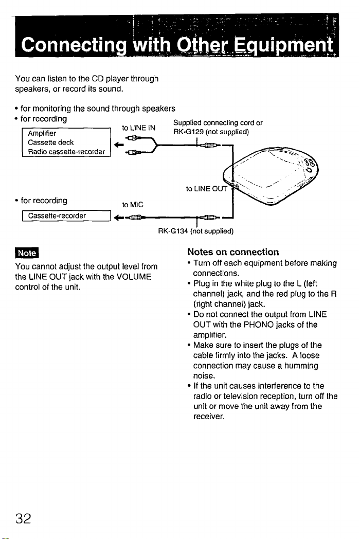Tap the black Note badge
tap(25, 254)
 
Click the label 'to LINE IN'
tap(136, 127)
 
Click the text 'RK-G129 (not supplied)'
tap(211, 131)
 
